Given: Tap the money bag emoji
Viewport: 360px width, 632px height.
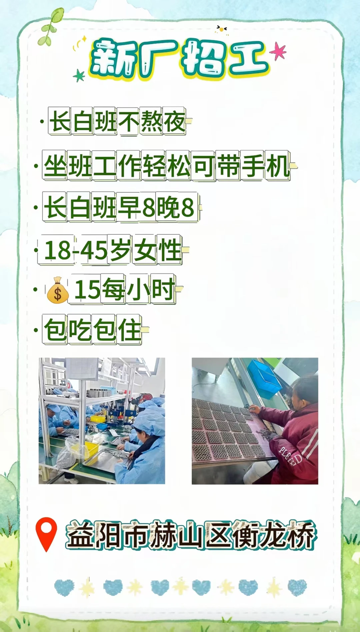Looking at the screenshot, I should coord(58,290).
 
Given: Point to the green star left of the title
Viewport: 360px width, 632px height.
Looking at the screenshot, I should coord(79,76).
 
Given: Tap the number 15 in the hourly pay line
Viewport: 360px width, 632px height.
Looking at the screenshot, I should coord(87,289).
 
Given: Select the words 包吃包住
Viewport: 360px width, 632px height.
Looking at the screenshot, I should coord(93,330).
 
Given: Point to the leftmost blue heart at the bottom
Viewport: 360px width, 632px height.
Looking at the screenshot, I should coord(64,587).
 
